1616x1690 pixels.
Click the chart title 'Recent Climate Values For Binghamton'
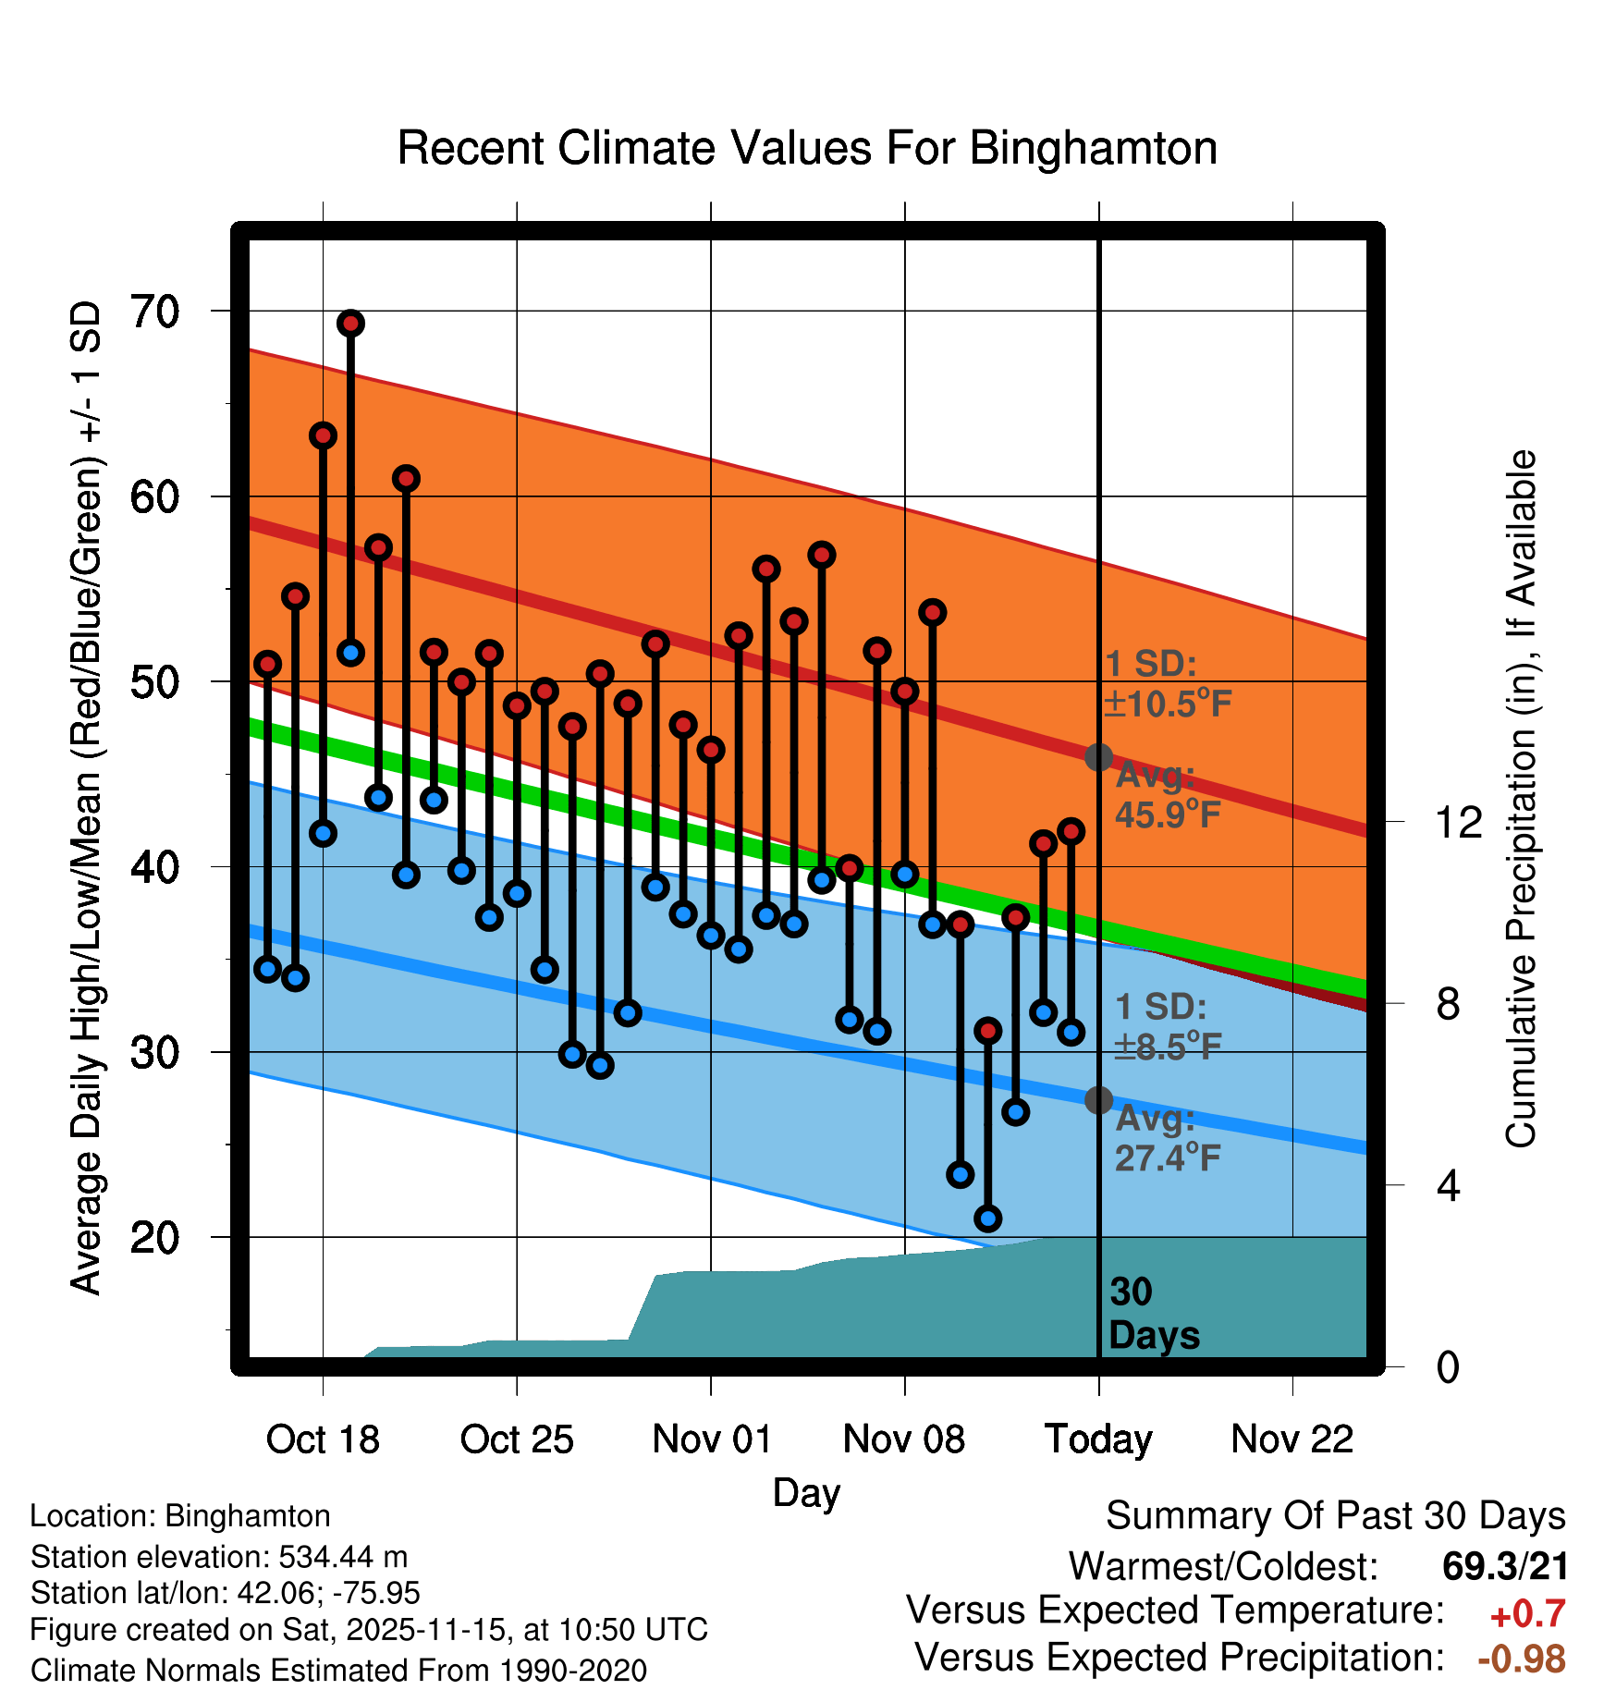pyautogui.click(x=807, y=148)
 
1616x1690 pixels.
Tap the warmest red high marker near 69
pyautogui.click(x=350, y=324)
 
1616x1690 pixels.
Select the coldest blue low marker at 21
pyautogui.click(x=988, y=1219)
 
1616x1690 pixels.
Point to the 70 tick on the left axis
pyautogui.click(x=155, y=312)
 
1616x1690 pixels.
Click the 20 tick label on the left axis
pyautogui.click(x=155, y=1237)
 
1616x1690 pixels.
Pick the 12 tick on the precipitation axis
pyautogui.click(x=1458, y=822)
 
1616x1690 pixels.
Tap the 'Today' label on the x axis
pyautogui.click(x=1098, y=1439)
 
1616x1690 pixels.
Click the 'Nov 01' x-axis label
pyautogui.click(x=711, y=1439)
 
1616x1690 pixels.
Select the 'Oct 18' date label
pyautogui.click(x=323, y=1439)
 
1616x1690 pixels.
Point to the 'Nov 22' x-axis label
pyautogui.click(x=1292, y=1439)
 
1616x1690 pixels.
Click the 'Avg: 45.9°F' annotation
pyautogui.click(x=1167, y=795)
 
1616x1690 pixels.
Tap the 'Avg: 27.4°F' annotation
pyautogui.click(x=1167, y=1138)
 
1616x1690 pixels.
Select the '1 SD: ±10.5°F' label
pyautogui.click(x=1167, y=684)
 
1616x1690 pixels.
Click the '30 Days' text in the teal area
pyautogui.click(x=1153, y=1314)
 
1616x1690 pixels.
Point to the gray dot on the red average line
pyautogui.click(x=1098, y=757)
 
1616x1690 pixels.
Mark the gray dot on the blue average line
pyautogui.click(x=1098, y=1100)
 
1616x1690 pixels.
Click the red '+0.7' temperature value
pyautogui.click(x=1527, y=1614)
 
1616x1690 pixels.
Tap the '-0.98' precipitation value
pyautogui.click(x=1522, y=1659)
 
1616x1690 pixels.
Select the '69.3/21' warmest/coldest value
pyautogui.click(x=1505, y=1566)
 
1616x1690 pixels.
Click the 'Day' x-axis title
pyautogui.click(x=806, y=1492)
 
